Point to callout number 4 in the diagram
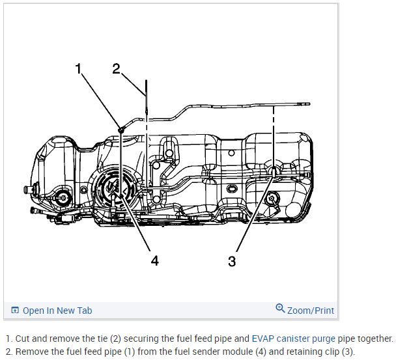tap(154, 260)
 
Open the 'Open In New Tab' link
tap(57, 311)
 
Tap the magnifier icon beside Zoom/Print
tap(280, 309)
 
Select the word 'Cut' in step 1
tap(22, 339)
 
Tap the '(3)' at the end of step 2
tap(347, 352)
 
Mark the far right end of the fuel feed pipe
tap(307, 104)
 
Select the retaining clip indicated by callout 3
tap(275, 171)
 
